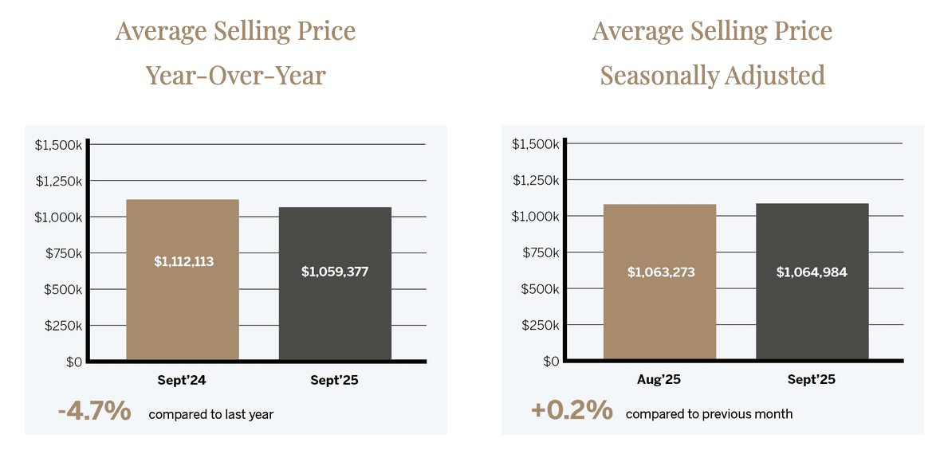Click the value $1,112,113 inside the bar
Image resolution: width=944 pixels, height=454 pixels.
[x=183, y=261]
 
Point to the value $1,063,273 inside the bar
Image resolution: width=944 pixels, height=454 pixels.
[x=661, y=272]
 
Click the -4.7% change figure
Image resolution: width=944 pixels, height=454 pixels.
[x=94, y=412]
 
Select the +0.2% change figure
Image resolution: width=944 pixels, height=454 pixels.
[x=572, y=411]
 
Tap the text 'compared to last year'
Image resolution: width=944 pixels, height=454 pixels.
[x=210, y=414]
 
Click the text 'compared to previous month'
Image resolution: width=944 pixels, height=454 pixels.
[x=709, y=414]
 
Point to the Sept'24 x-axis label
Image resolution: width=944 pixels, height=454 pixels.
[x=182, y=380]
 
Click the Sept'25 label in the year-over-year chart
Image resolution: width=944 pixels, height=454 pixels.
[x=334, y=380]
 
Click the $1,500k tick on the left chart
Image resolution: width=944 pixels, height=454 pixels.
[x=58, y=145]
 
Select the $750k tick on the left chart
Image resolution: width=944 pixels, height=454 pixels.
[x=63, y=253]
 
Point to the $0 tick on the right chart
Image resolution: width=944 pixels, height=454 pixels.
[x=550, y=362]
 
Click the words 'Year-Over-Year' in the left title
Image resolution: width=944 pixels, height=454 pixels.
[x=235, y=76]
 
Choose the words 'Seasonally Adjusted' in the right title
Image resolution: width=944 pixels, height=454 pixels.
[x=712, y=76]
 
